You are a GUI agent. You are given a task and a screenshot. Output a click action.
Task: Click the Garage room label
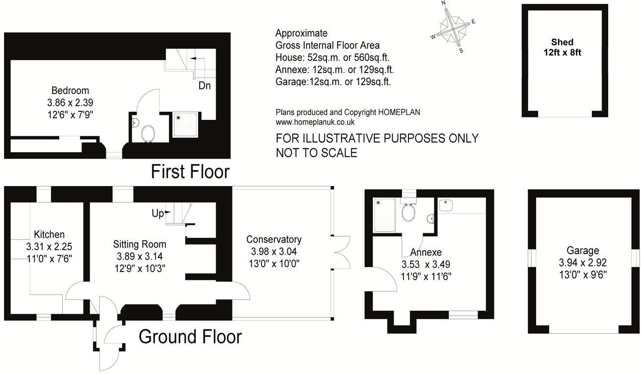[582, 251]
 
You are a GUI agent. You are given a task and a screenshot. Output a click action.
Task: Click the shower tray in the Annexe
[385, 215]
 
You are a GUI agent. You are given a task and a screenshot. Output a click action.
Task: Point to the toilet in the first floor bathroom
[148, 133]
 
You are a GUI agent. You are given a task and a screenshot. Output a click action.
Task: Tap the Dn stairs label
[204, 86]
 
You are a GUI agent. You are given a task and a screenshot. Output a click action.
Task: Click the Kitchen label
[49, 234]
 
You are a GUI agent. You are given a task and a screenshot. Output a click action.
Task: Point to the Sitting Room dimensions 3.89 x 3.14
[139, 257]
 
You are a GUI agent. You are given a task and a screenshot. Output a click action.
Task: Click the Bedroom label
[70, 91]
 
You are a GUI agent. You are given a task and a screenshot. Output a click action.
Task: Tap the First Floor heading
[190, 172]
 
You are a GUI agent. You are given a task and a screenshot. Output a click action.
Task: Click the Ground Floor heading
[190, 337]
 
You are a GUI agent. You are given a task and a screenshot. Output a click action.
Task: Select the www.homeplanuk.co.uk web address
[315, 122]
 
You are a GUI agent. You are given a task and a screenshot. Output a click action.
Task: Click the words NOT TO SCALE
[317, 153]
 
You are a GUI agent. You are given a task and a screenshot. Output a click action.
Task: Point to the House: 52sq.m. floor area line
[327, 58]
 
